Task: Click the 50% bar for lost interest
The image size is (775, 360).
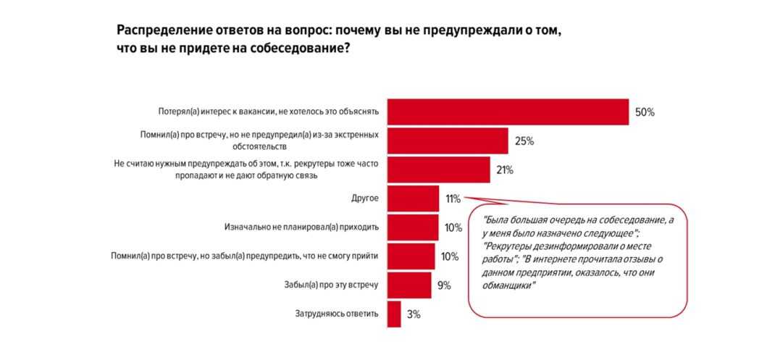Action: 508,112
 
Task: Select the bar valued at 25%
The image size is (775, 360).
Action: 448,141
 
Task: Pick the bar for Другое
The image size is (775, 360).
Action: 413,198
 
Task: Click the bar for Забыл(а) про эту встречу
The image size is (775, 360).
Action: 409,285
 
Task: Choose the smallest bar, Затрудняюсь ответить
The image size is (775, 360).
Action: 394,314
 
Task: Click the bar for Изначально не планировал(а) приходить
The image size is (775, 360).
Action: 413,227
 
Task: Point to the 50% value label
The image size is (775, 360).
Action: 645,112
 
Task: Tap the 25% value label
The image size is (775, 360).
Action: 524,141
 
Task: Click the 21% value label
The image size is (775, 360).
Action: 504,170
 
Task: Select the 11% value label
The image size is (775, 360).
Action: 453,198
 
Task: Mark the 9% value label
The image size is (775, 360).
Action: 444,285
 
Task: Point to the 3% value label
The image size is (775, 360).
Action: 413,314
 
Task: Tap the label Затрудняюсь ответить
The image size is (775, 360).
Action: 337,314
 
